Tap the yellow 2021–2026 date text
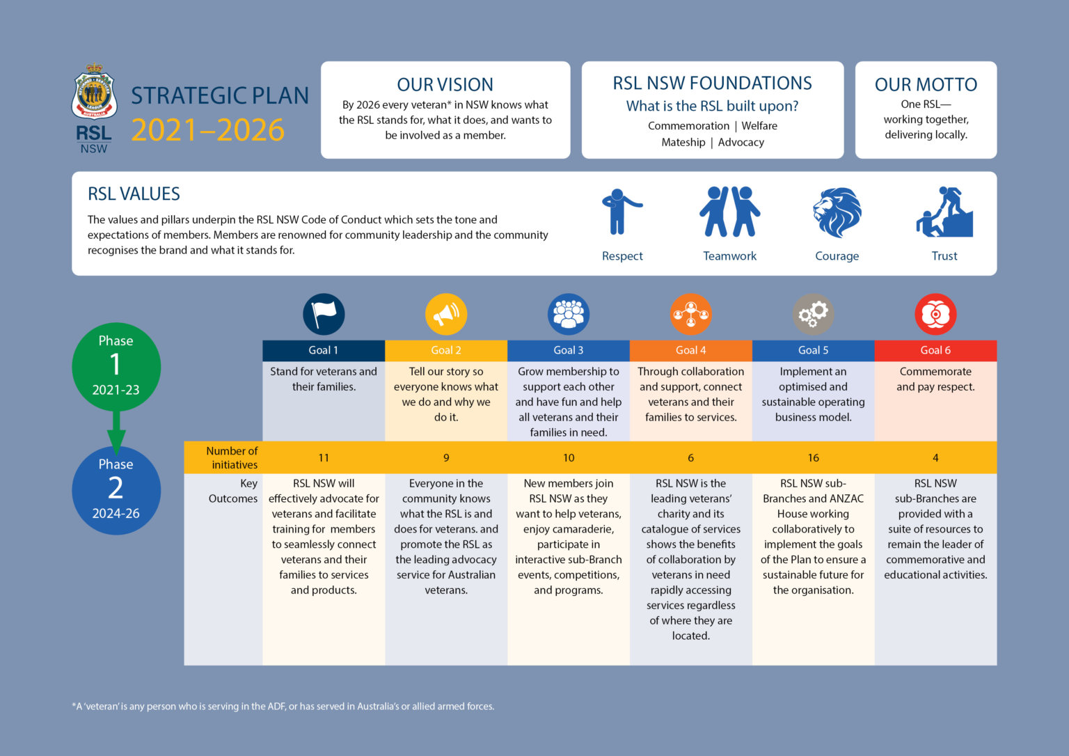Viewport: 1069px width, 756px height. pyautogui.click(x=207, y=129)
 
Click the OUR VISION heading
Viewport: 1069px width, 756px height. pyautogui.click(x=445, y=84)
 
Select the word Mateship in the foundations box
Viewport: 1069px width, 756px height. pyautogui.click(x=683, y=142)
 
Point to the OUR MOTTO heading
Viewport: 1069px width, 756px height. pyautogui.click(x=926, y=84)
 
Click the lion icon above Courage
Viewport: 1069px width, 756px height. pyautogui.click(x=837, y=212)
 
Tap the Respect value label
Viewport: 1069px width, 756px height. pyautogui.click(x=622, y=255)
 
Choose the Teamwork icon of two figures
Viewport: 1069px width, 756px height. pyautogui.click(x=729, y=212)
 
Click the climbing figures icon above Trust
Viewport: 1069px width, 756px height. pyautogui.click(x=944, y=212)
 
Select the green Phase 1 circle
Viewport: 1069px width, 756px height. pyautogui.click(x=116, y=367)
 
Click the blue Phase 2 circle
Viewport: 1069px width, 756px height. pyautogui.click(x=116, y=490)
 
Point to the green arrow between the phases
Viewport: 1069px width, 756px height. pyautogui.click(x=116, y=432)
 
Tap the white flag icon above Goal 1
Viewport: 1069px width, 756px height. pyautogui.click(x=324, y=314)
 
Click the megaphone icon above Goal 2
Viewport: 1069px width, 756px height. pyautogui.click(x=446, y=314)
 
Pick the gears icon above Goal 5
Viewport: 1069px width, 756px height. pyautogui.click(x=813, y=314)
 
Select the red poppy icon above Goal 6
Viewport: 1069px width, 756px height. pyautogui.click(x=935, y=314)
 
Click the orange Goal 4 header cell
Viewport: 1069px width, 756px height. pyautogui.click(x=691, y=350)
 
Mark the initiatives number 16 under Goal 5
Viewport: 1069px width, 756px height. pyautogui.click(x=813, y=457)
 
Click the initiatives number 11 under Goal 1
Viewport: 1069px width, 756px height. pyautogui.click(x=324, y=457)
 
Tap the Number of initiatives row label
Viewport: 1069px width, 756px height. pyautogui.click(x=232, y=457)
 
